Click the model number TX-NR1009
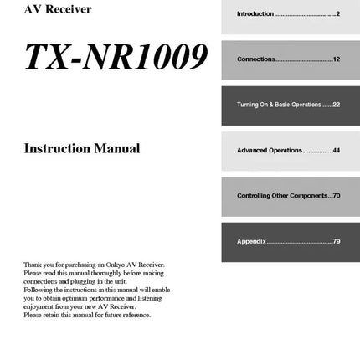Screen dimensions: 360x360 point(116,56)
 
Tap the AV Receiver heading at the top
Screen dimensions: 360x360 point(58,10)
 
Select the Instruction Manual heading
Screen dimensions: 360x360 point(82,149)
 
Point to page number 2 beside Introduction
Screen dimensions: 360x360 point(337,14)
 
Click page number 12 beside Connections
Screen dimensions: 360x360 point(336,59)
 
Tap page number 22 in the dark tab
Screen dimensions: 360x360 point(335,105)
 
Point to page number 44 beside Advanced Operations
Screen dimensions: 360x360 point(336,150)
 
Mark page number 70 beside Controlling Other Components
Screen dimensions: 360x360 point(336,195)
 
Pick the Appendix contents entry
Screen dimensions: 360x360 point(251,241)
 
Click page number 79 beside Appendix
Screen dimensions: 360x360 point(336,241)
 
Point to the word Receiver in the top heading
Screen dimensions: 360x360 point(70,10)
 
